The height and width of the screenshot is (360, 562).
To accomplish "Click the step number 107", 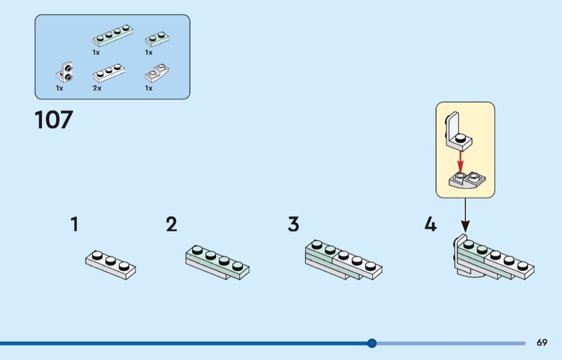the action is click(54, 120).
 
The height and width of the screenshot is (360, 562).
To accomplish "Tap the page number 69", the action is click(542, 342).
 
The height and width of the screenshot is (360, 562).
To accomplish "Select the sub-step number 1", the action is click(74, 224).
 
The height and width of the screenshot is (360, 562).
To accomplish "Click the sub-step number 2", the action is click(171, 224).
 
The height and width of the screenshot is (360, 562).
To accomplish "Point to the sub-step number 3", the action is click(293, 224).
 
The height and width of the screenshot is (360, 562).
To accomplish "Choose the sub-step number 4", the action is click(430, 225).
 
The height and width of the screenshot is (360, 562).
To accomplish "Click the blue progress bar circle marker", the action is click(372, 343).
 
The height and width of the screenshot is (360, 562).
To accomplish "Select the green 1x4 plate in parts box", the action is click(112, 36).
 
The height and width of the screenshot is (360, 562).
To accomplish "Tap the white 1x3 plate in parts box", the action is click(109, 74).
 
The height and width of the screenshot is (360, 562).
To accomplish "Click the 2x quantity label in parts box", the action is click(96, 88).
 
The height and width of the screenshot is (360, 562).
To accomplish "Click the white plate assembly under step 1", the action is click(110, 264).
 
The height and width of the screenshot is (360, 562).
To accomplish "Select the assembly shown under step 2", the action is click(217, 262).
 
